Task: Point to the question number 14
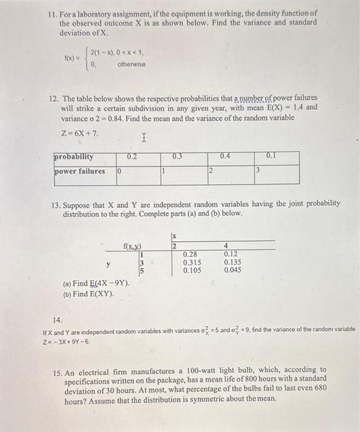(x=57, y=320)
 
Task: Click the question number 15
(x=57, y=370)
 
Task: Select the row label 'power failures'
(x=79, y=171)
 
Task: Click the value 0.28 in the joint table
(x=191, y=254)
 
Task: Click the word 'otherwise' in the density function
(x=132, y=64)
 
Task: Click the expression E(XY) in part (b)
(x=101, y=294)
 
